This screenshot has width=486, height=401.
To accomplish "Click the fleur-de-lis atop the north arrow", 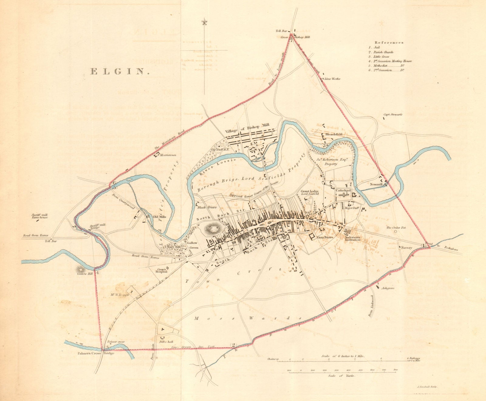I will (x=204, y=23).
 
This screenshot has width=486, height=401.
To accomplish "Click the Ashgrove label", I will (x=388, y=288).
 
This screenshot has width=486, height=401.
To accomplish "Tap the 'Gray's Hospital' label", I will (x=162, y=270).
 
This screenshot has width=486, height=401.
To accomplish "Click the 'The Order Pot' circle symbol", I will (x=395, y=231).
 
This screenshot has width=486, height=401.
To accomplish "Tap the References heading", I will (x=389, y=42).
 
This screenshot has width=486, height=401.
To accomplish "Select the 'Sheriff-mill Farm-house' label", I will (x=39, y=216).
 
